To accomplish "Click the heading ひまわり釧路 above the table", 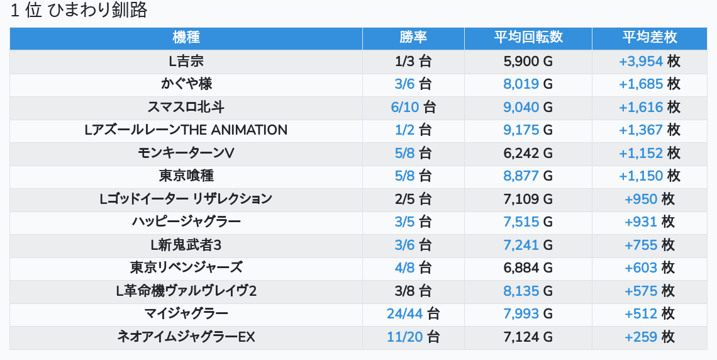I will coord(79,11).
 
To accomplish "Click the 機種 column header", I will coord(186,37).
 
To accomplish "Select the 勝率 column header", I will coord(413,37).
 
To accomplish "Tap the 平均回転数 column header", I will coord(528,37).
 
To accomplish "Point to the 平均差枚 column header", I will coord(649,37).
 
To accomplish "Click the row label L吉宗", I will coord(186,61).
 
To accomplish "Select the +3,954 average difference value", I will coord(641,61).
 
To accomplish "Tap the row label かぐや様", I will coord(186,84).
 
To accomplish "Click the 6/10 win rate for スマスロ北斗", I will coord(405,107).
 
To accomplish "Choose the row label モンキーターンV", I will coord(186,153).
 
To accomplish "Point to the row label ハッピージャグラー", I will coord(186,222).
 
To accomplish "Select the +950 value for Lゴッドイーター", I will coord(641,199).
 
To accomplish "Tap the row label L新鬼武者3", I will coord(186,245).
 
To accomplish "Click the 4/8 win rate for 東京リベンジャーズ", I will coord(405,267).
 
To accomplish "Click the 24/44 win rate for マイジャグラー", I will coord(405,313).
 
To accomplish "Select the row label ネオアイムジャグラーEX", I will coord(186,337).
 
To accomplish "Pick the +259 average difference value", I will coord(641,337).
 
